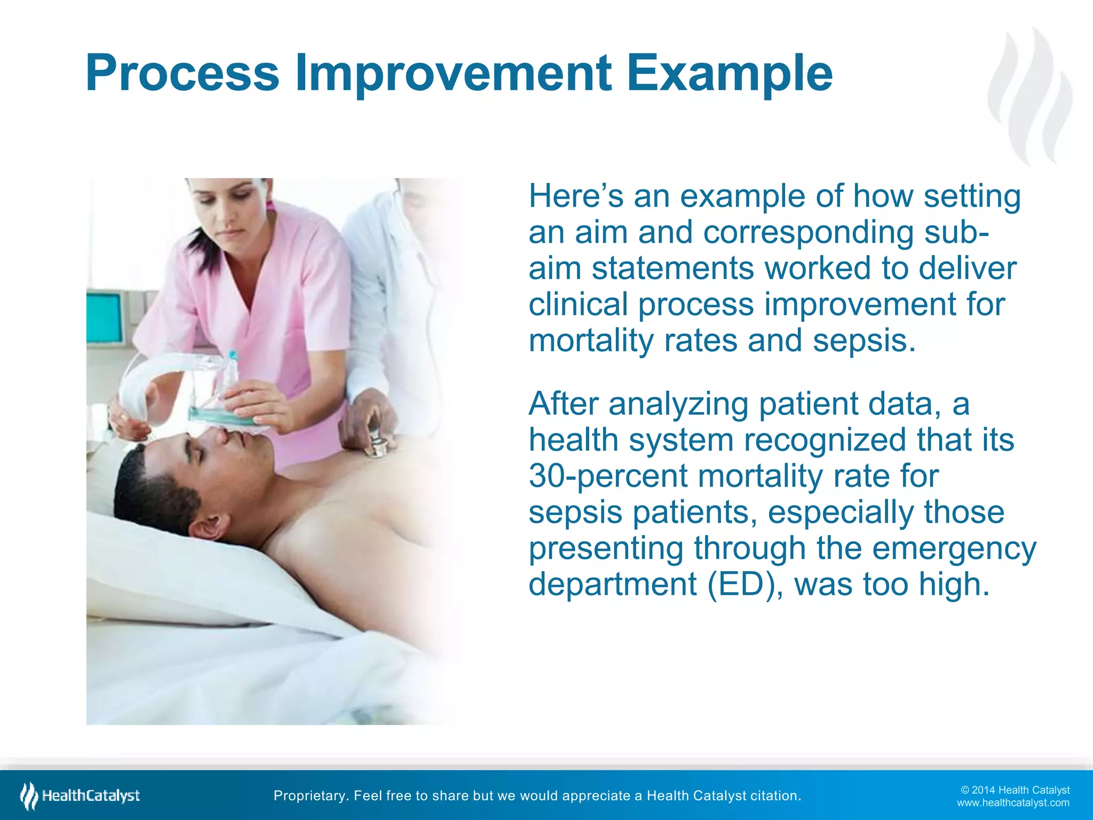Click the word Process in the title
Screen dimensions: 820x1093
tap(182, 73)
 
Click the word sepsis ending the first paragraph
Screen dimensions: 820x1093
tap(864, 341)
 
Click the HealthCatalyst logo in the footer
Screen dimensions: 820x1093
tap(80, 795)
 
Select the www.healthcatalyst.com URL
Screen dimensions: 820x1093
tap(1013, 803)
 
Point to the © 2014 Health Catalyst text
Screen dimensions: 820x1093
tap(1015, 790)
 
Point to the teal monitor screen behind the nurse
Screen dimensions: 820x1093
tap(105, 319)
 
